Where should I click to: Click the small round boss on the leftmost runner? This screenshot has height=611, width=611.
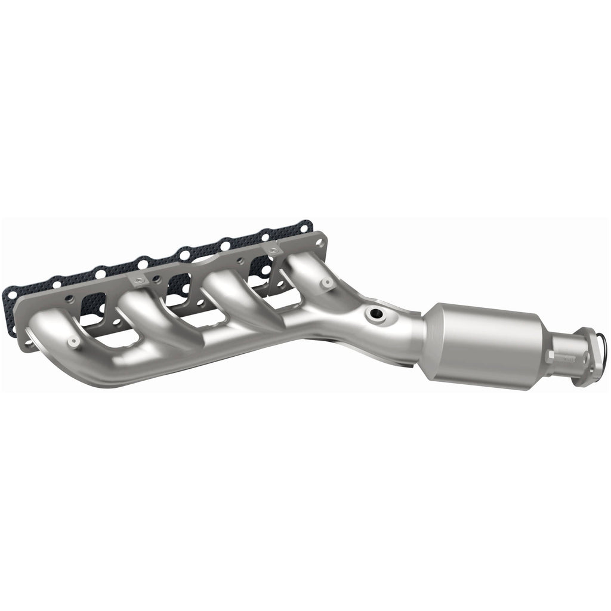[73, 342]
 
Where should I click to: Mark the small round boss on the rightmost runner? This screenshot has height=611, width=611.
[326, 283]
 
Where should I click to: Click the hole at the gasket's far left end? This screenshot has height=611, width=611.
[10, 293]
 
